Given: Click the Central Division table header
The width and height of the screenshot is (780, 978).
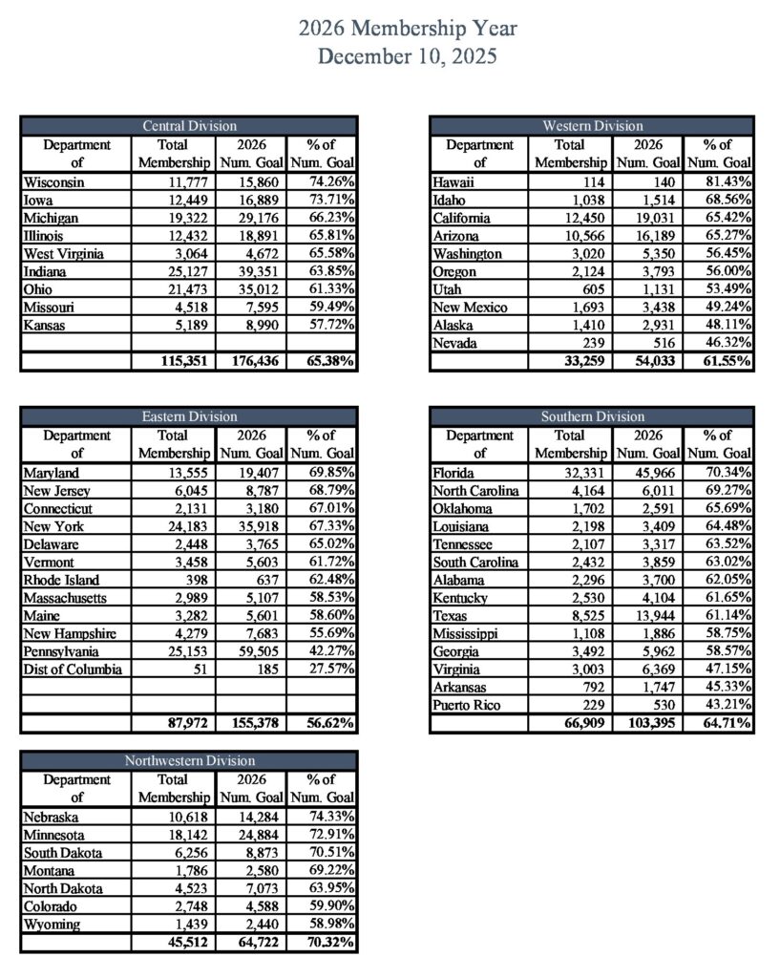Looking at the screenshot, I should coord(189,126).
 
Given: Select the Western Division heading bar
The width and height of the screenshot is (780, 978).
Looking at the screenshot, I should coord(592,126).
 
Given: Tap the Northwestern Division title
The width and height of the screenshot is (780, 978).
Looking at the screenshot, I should coord(189,761).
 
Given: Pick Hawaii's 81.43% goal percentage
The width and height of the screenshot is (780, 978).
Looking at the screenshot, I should coord(727,181).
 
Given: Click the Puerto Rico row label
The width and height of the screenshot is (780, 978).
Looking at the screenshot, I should coord(468,706).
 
